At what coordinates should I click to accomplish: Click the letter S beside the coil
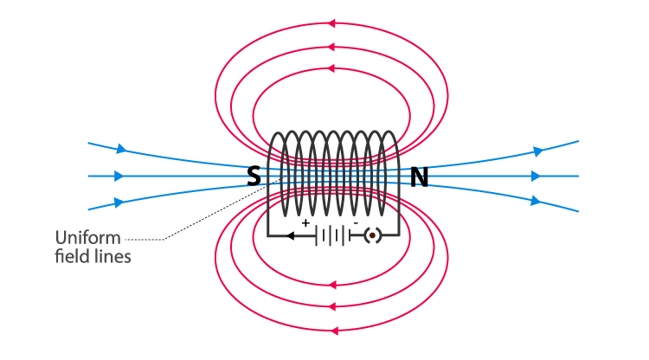[254, 177]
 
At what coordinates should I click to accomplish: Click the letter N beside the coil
[419, 177]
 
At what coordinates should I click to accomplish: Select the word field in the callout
[68, 257]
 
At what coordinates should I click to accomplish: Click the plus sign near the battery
[305, 223]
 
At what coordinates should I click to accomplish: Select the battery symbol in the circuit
[332, 235]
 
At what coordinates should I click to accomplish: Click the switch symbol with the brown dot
[373, 235]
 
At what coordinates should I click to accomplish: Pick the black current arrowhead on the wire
[291, 235]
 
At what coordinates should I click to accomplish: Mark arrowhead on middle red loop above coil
[332, 44]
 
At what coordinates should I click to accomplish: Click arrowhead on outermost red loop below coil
[332, 330]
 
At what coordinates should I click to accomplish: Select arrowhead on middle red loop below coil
[332, 305]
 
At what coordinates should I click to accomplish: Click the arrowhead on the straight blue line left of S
[119, 176]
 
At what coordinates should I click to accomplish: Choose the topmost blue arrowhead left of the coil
[120, 149]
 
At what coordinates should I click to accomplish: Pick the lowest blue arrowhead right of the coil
[537, 201]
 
